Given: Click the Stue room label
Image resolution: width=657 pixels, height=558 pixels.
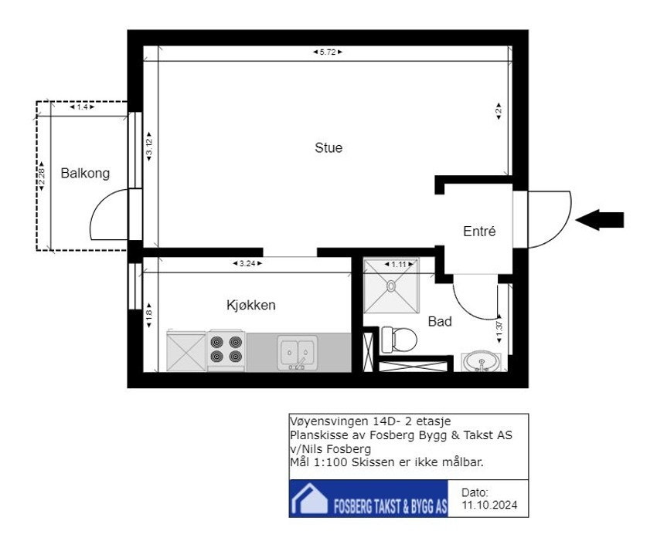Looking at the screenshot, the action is tap(328, 147).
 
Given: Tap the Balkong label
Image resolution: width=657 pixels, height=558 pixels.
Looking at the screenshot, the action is tap(85, 173).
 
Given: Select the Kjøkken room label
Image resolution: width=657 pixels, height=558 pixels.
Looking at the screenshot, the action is tap(251, 305).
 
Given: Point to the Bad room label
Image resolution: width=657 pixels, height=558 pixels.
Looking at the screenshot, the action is tap(440, 321).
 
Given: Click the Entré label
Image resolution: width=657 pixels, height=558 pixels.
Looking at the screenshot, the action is tap(479, 231).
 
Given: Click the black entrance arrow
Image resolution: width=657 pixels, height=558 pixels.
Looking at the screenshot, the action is tap(600, 220).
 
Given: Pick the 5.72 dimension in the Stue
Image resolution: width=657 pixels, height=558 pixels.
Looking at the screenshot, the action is tap(328, 52).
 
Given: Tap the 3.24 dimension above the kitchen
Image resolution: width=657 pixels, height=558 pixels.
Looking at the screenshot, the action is tap(247, 263).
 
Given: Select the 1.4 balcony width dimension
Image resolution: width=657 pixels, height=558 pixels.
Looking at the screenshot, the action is tap(82, 107).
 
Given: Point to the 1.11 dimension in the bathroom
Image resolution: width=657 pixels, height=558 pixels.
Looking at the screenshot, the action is tap(399, 265).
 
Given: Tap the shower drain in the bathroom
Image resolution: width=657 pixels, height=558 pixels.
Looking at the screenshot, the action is tap(391, 286).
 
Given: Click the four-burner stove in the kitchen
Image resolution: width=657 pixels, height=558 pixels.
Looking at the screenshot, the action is tap(226, 350).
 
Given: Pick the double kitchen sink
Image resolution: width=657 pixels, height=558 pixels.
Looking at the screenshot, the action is tap(298, 353).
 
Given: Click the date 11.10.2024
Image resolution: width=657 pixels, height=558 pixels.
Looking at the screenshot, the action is tap(489, 505).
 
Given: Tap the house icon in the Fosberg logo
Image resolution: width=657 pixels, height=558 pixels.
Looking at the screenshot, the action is tap(310, 499).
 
